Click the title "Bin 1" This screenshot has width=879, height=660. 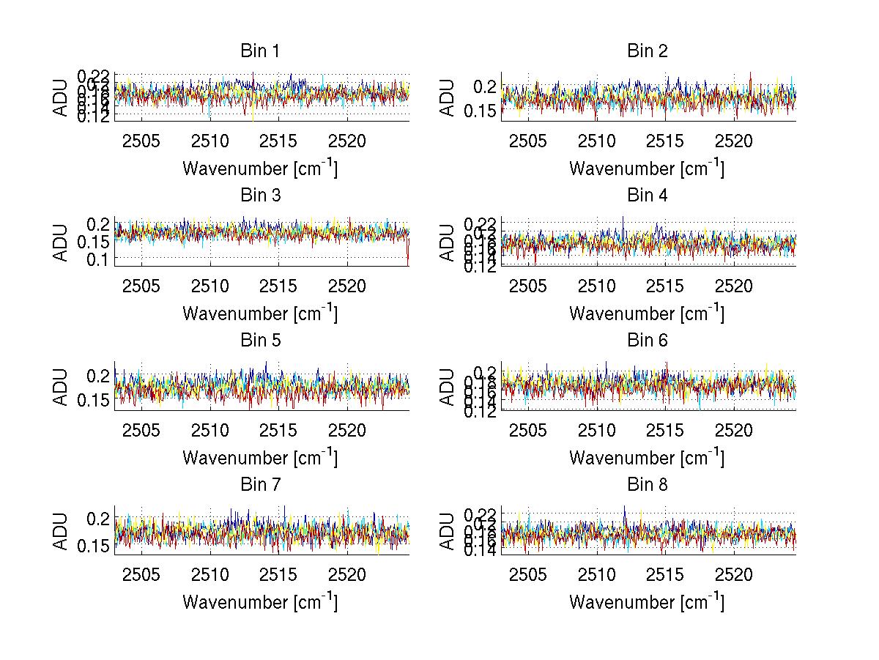pyautogui.click(x=260, y=51)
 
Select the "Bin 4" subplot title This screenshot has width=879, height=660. pyautogui.click(x=648, y=196)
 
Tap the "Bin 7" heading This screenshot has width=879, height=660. pyautogui.click(x=260, y=485)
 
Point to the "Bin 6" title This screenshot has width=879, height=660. pyautogui.click(x=648, y=341)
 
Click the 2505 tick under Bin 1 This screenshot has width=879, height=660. pyautogui.click(x=141, y=141)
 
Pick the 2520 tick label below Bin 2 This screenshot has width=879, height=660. pyautogui.click(x=734, y=141)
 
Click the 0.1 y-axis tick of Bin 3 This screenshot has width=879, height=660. pyautogui.click(x=100, y=259)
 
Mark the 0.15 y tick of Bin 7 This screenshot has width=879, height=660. pyautogui.click(x=94, y=545)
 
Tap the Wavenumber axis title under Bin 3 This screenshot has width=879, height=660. pyautogui.click(x=260, y=313)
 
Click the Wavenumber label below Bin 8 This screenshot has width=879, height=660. pyautogui.click(x=648, y=601)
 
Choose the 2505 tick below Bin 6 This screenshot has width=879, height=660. pyautogui.click(x=528, y=430)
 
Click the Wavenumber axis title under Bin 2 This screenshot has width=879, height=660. pyautogui.click(x=648, y=168)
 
